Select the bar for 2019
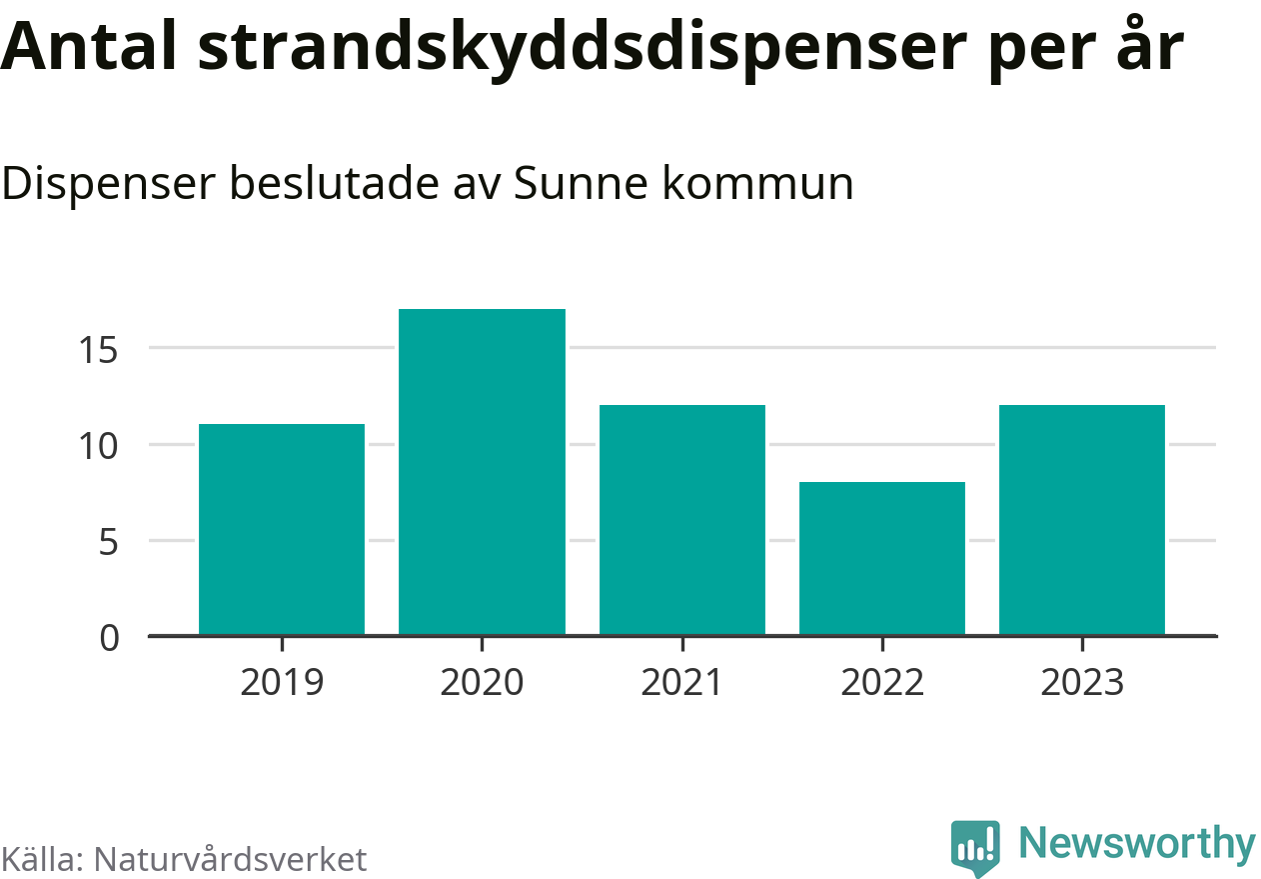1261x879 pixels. click(x=282, y=529)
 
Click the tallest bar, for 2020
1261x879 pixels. click(x=482, y=472)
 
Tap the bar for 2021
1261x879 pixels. click(x=681, y=519)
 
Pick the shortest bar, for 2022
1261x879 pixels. click(x=881, y=558)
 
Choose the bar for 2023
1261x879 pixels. click(x=1081, y=519)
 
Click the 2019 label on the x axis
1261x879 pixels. click(x=282, y=683)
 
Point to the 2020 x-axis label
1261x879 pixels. click(x=482, y=683)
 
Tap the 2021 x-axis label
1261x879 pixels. click(x=681, y=683)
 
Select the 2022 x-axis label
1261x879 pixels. click(x=881, y=683)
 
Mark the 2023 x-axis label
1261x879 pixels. click(x=1081, y=683)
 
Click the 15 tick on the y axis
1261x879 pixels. click(x=100, y=350)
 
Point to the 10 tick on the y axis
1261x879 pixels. click(x=100, y=445)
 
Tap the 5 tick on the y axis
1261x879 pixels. click(x=110, y=542)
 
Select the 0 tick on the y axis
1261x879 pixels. click(x=110, y=638)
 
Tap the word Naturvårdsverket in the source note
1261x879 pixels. click(x=230, y=859)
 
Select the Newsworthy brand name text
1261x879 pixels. click(x=1137, y=844)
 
